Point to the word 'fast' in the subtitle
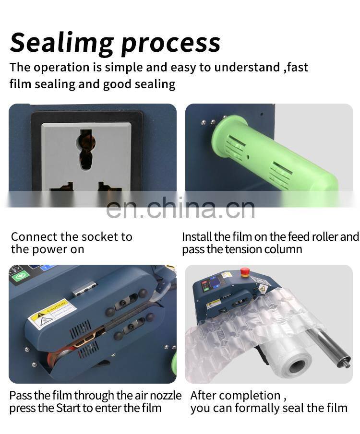(x=298, y=67)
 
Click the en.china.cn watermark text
(x=180, y=208)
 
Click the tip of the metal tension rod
(x=346, y=364)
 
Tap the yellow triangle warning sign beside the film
(x=262, y=289)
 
